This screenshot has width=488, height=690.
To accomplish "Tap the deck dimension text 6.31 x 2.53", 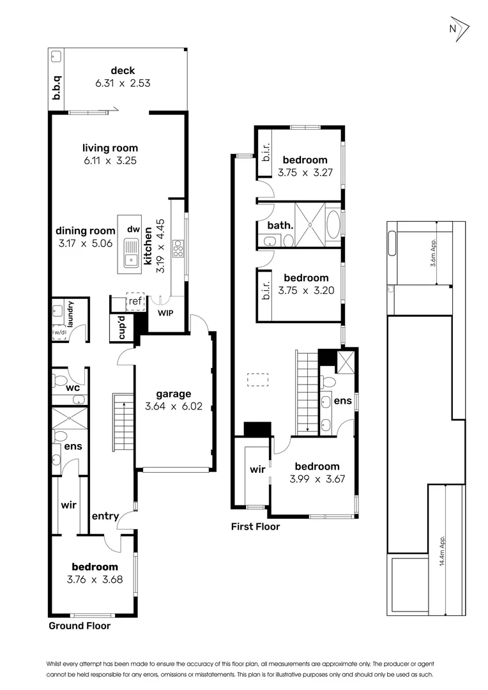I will click(x=123, y=83).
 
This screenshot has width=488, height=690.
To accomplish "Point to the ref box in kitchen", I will click(x=135, y=301).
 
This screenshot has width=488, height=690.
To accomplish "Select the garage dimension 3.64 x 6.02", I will click(x=173, y=406).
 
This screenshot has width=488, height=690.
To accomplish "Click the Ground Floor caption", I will click(x=79, y=626).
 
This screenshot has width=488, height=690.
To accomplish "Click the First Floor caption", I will click(x=255, y=527).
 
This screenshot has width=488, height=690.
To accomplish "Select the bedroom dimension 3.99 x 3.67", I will click(x=317, y=478).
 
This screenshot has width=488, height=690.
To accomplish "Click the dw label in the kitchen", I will click(x=133, y=229).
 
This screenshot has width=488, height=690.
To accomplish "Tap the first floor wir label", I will click(x=257, y=470).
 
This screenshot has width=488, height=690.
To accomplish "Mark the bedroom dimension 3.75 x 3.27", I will click(x=305, y=172).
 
